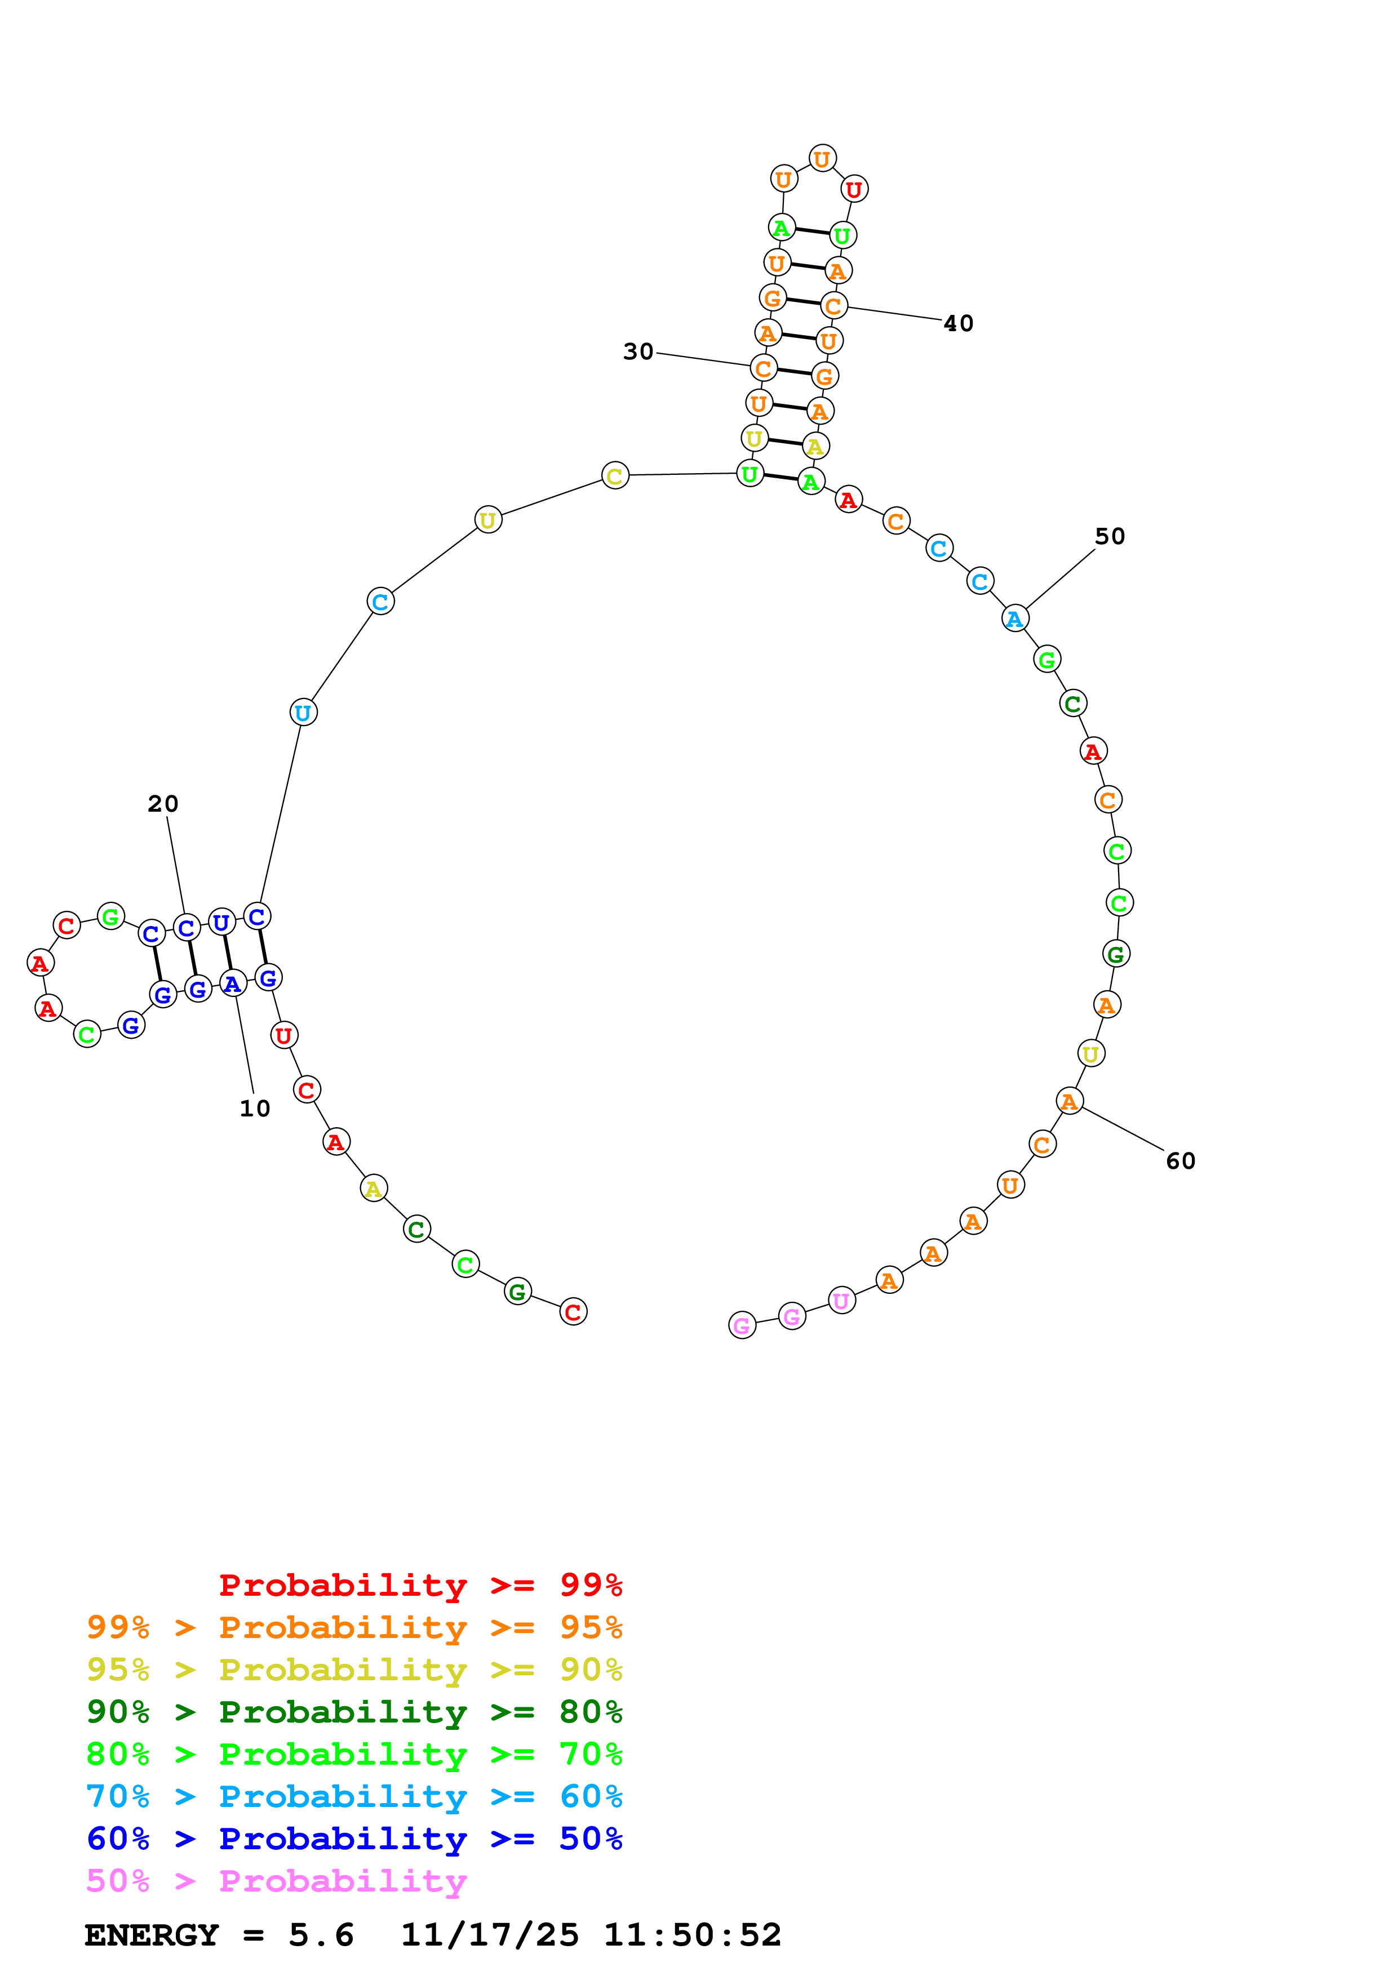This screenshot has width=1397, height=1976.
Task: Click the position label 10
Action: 255,1109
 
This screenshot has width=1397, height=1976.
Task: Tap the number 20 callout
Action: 163,804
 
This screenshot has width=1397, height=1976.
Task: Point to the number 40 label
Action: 958,323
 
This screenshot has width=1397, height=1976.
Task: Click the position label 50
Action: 1110,536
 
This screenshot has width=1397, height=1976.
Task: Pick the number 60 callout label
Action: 1180,1161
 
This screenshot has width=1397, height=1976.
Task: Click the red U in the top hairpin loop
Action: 854,189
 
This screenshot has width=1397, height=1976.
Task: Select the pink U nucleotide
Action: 841,1301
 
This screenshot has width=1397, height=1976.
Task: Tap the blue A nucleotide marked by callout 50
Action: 1015,618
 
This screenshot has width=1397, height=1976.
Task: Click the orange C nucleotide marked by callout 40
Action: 833,305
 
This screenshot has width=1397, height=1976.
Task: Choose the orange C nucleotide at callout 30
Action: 762,368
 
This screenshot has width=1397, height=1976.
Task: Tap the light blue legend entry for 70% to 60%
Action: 354,1796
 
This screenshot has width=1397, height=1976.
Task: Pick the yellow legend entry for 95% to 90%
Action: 354,1670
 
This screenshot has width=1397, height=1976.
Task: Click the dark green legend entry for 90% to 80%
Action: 354,1712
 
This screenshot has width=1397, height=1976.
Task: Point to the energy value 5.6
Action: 321,1935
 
